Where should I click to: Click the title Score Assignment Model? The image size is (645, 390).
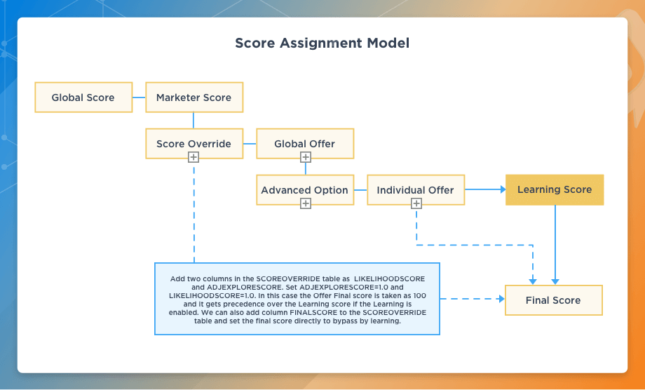coord(322,43)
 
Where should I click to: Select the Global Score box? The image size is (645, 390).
coord(83,97)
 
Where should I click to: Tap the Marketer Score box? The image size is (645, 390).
coord(193,97)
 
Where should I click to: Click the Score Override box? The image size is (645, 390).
coord(193,143)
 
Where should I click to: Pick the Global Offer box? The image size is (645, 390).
coord(304,143)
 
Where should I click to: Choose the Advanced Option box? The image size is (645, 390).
coord(304,189)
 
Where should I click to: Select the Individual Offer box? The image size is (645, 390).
coord(415,189)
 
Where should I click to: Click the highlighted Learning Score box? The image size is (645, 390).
coord(555,189)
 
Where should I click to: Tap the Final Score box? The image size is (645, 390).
coord(553,300)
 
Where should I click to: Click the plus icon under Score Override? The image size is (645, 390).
coord(193,158)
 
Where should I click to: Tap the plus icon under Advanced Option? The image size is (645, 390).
coord(305,203)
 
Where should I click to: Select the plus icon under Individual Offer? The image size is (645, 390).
coord(416,203)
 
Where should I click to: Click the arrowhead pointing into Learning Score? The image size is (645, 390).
coord(501,189)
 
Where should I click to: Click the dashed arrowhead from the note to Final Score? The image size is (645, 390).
coord(501,299)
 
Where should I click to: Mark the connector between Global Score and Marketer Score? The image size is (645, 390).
coord(139,97)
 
